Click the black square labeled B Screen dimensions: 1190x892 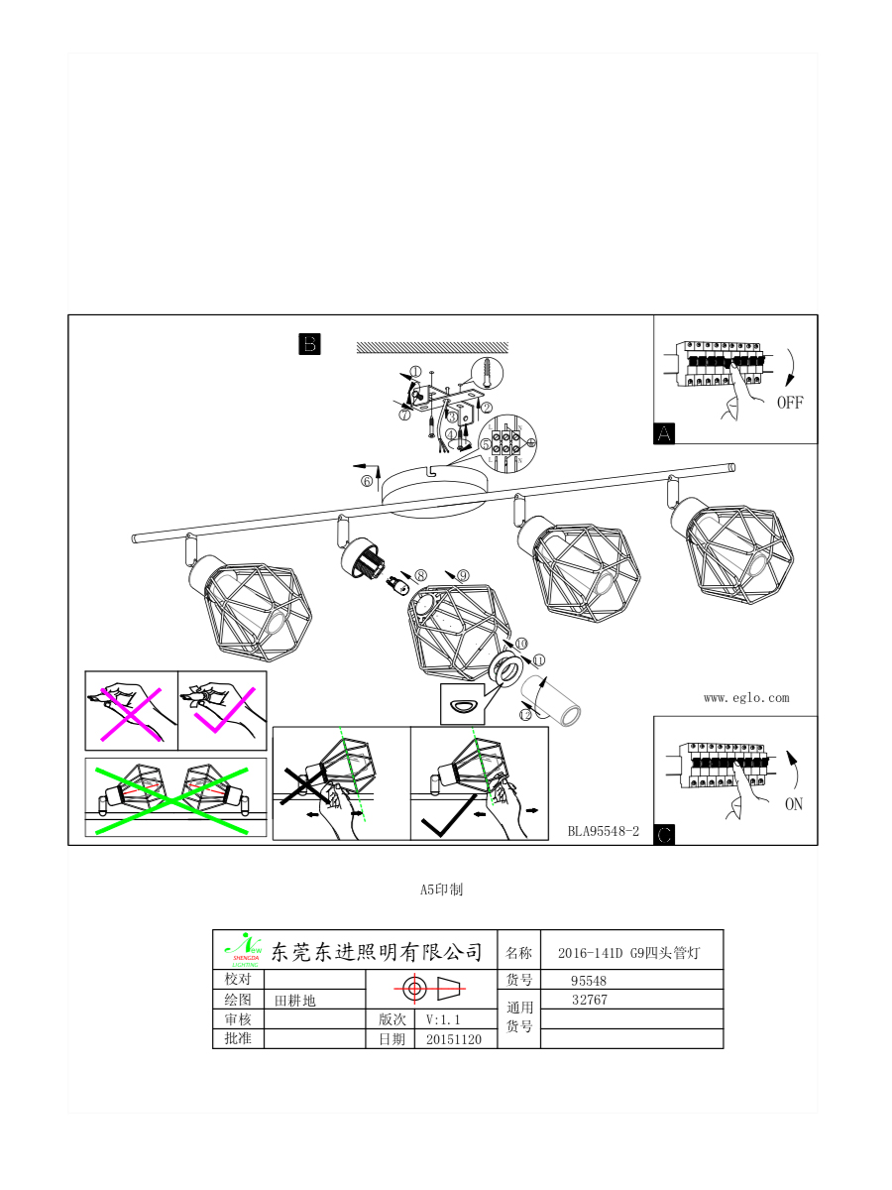click(x=309, y=344)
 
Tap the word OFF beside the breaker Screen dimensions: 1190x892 click(x=790, y=403)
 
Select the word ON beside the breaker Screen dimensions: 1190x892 click(x=794, y=804)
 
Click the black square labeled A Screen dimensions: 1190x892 click(x=664, y=433)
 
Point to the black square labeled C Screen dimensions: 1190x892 click(x=665, y=835)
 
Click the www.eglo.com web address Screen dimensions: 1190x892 click(x=746, y=697)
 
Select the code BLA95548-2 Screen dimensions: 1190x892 click(x=604, y=831)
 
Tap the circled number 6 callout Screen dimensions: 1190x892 click(x=367, y=481)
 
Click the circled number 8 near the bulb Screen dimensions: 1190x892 click(x=420, y=574)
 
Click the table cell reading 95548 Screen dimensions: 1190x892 click(x=589, y=981)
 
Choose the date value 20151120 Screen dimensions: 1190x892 click(x=454, y=1039)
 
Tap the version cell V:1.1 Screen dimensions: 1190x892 click(x=443, y=1019)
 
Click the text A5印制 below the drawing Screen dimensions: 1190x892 click(x=441, y=890)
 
